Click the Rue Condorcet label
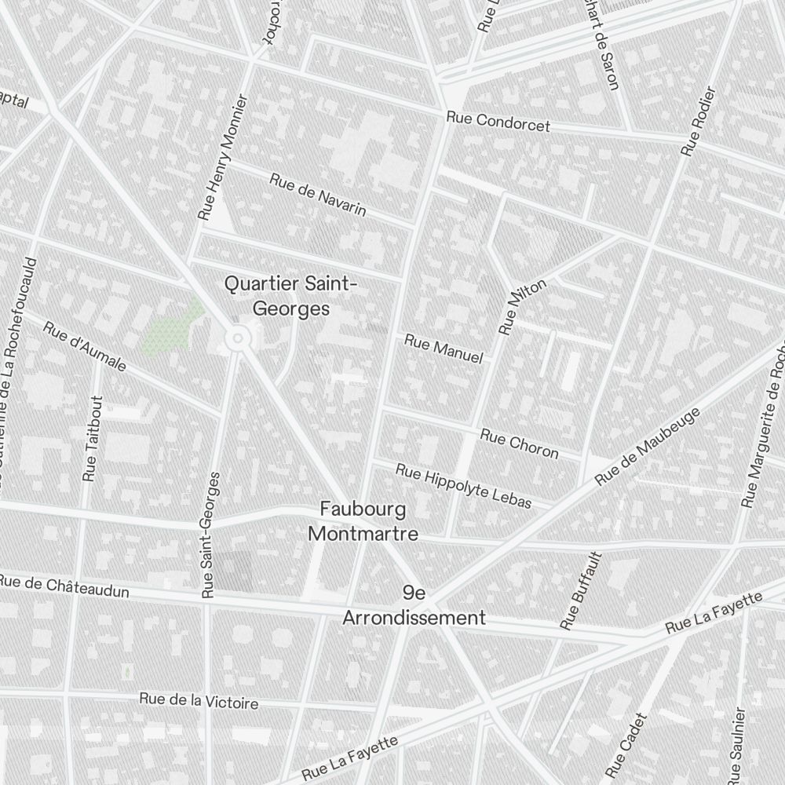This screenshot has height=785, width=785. click(498, 122)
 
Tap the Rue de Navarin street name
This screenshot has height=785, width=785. click(318, 194)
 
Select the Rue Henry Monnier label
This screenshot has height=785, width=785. click(222, 157)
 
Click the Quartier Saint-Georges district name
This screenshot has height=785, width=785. click(290, 295)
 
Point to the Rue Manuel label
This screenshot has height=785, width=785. click(444, 349)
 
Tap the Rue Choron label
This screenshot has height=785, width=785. click(519, 444)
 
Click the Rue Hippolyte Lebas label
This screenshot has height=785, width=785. click(463, 486)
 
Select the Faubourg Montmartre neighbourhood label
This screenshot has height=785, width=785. click(363, 522)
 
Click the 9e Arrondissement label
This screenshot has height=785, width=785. click(414, 605)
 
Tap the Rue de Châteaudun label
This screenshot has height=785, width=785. click(64, 586)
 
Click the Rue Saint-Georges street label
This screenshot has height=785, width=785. click(210, 535)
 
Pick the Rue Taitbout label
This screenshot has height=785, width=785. click(92, 438)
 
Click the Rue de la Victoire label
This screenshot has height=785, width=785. click(199, 700)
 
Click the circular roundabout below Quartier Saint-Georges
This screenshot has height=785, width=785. click(235, 339)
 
